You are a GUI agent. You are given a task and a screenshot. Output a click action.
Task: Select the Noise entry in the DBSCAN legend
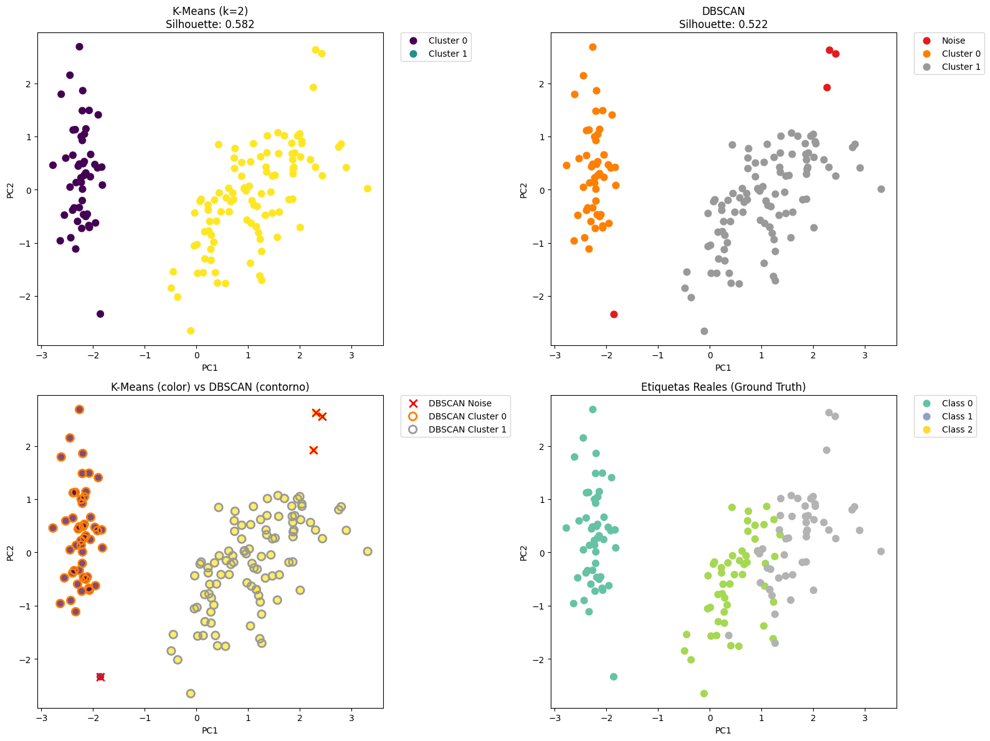click(953, 41)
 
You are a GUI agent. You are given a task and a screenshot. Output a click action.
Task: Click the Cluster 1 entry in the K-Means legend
click(447, 54)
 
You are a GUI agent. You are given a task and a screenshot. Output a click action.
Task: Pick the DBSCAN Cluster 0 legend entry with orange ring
click(467, 416)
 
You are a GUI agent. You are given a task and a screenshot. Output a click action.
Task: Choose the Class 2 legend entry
click(957, 429)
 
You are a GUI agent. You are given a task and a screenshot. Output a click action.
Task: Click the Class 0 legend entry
click(957, 403)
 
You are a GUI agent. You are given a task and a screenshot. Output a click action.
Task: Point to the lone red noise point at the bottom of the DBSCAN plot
click(614, 314)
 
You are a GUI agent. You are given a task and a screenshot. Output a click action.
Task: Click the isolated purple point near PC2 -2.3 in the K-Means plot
click(100, 314)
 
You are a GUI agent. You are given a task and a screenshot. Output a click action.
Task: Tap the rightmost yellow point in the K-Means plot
click(368, 189)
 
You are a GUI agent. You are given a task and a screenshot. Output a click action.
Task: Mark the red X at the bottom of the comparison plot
click(100, 677)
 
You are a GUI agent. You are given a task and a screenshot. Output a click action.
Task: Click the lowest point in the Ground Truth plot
click(704, 694)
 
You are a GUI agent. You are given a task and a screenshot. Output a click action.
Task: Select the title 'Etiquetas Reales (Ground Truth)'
click(723, 387)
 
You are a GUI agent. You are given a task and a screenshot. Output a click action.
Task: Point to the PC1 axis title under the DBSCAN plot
click(723, 368)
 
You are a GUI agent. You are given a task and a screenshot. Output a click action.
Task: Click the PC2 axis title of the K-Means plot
click(11, 189)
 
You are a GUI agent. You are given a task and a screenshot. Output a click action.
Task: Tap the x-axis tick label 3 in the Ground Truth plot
click(865, 719)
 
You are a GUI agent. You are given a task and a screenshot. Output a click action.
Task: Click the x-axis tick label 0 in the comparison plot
click(197, 719)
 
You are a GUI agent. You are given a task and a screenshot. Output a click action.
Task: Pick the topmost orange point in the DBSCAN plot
click(593, 47)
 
